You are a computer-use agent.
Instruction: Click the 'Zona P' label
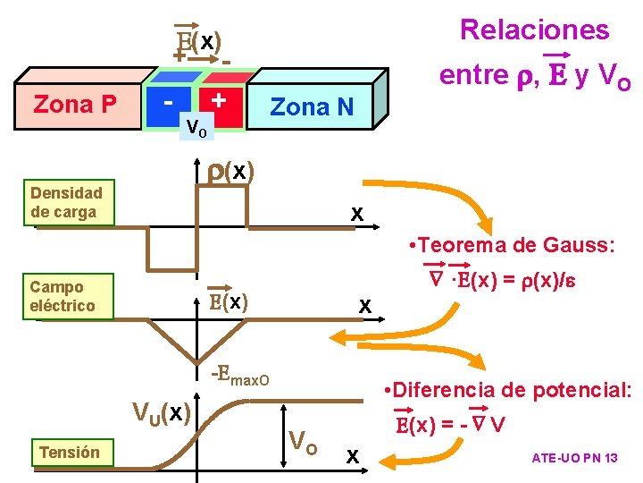(74, 105)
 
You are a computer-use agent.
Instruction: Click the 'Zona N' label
(312, 107)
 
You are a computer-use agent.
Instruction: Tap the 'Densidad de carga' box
(66, 203)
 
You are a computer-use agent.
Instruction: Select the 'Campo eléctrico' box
(62, 296)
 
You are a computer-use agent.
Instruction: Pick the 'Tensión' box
(70, 453)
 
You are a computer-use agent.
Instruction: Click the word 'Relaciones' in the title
(534, 30)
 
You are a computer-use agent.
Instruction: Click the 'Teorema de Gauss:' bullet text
(509, 245)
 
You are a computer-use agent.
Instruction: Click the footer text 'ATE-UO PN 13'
(574, 458)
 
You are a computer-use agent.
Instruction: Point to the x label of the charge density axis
(356, 214)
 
